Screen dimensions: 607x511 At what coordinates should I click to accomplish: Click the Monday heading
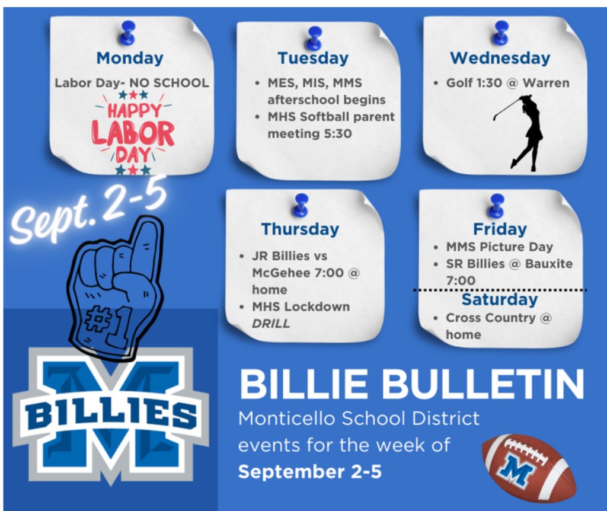[x=130, y=59]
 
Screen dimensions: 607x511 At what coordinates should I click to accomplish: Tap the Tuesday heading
[x=313, y=59]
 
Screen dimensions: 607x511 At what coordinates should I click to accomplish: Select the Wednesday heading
[x=500, y=59]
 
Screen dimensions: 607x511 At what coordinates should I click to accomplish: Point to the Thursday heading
[x=300, y=229]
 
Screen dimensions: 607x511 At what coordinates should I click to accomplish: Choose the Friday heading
[x=500, y=229]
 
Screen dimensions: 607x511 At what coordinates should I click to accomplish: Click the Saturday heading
[x=500, y=299]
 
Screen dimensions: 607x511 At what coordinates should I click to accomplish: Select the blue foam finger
[x=116, y=289]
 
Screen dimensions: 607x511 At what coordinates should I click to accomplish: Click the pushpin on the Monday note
[x=127, y=33]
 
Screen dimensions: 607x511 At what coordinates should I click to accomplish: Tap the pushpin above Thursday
[x=301, y=205]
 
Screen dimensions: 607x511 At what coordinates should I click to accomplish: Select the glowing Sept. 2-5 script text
[x=89, y=210]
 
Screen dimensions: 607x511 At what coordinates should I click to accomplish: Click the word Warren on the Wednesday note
[x=546, y=83]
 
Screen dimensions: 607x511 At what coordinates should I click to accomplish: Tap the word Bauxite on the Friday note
[x=548, y=264]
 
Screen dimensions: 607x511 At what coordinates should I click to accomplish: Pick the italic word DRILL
[x=270, y=324]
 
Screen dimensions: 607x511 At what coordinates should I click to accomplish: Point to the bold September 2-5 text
[x=309, y=472]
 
